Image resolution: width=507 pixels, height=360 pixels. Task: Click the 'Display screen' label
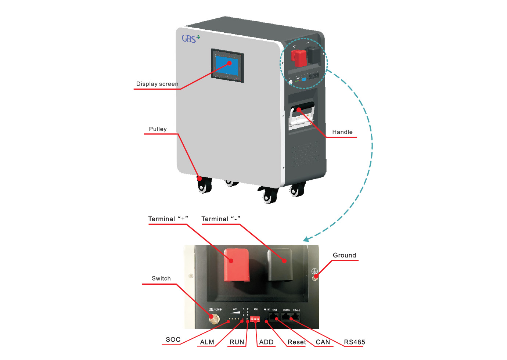tap(157, 84)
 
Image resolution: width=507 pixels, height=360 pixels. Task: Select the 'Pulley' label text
tap(158, 129)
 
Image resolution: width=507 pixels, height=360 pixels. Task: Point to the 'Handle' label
tap(342, 132)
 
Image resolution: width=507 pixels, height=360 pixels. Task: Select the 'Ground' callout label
tap(344, 255)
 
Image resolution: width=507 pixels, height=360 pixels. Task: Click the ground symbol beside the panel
tap(314, 271)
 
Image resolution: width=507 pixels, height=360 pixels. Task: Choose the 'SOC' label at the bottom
tap(173, 339)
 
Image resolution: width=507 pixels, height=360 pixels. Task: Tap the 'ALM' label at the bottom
tap(207, 342)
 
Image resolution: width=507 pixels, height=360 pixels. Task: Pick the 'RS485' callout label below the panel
tap(354, 342)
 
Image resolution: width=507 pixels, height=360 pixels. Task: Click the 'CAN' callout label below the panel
tap(323, 342)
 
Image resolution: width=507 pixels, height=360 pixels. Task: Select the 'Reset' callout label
tap(296, 342)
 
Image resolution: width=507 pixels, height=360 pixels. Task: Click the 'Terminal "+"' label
tap(168, 219)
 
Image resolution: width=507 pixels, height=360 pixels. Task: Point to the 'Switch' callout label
tap(161, 278)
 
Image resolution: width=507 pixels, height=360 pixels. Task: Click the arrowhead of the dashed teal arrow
tap(306, 239)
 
